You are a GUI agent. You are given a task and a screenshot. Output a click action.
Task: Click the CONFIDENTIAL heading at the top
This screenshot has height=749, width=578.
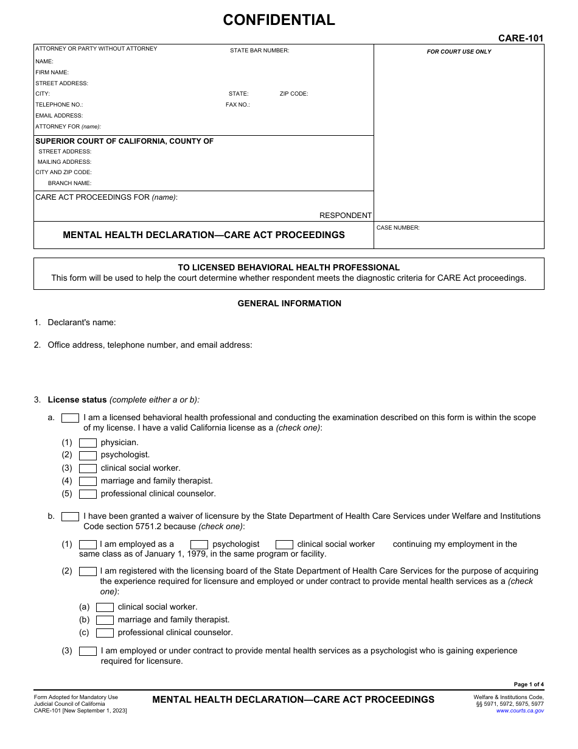point(279,20)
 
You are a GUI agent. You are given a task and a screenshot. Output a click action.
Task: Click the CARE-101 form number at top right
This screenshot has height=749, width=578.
point(520,38)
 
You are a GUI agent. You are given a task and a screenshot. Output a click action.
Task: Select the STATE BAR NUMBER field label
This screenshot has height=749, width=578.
point(259,51)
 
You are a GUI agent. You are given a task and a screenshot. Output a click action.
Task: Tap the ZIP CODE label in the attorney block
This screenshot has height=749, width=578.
point(294,94)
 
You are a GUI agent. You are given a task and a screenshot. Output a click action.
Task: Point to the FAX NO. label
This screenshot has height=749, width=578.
point(237,105)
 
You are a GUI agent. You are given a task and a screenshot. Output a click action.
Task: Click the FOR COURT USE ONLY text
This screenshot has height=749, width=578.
point(459,52)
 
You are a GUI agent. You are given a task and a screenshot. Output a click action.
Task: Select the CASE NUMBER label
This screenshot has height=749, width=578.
point(398,228)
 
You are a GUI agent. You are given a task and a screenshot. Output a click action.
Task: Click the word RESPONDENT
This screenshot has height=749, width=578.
point(345,216)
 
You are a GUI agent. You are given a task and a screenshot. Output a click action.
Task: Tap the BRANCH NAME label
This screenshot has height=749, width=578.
point(69,183)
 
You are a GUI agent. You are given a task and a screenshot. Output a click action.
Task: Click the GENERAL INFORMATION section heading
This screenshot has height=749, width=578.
point(289,303)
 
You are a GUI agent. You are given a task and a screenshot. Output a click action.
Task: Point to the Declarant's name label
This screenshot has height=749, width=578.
point(82,323)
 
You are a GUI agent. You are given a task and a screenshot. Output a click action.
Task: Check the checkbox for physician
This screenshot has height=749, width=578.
point(88,443)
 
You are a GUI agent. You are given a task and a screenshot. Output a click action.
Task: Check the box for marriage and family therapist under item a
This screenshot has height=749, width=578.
point(88,481)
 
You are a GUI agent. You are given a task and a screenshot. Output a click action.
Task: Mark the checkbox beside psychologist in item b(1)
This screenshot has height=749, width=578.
point(200,544)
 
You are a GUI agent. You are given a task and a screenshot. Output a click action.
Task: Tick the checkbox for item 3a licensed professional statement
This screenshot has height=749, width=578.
point(71,418)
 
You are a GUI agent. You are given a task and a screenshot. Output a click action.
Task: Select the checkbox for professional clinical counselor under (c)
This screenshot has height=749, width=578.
point(105,633)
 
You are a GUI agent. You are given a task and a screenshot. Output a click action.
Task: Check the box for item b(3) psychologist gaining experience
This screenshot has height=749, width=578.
point(88,651)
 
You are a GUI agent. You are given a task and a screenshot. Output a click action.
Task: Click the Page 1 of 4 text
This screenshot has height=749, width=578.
point(529,684)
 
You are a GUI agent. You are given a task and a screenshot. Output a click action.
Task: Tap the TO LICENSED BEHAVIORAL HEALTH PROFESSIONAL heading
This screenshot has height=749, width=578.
point(288,267)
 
